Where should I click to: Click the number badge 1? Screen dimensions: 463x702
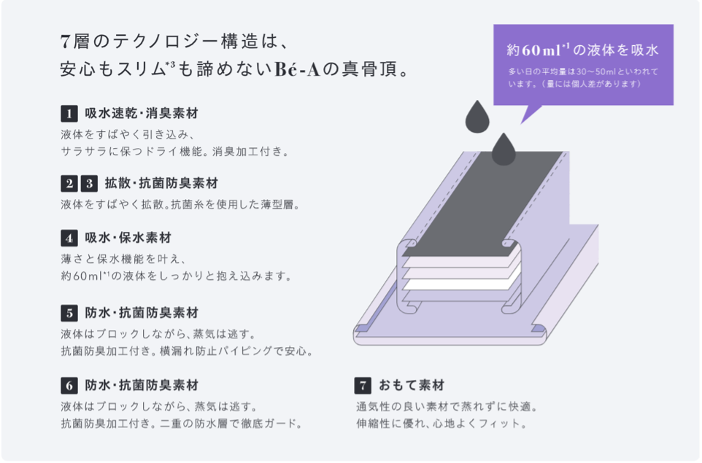click(69, 114)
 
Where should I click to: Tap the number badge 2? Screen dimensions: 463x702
click(69, 184)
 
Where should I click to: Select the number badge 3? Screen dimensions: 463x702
click(89, 184)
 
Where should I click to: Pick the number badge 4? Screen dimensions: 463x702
click(69, 238)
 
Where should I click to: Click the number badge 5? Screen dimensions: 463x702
click(69, 313)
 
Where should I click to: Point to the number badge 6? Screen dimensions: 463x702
click(69, 385)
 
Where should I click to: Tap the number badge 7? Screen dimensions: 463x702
click(363, 385)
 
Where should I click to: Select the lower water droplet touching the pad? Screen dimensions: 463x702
click(503, 149)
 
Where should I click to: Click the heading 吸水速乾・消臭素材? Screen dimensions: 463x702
click(141, 114)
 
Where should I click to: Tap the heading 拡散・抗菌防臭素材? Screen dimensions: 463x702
click(161, 184)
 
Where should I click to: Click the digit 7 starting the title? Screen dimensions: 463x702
click(65, 42)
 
